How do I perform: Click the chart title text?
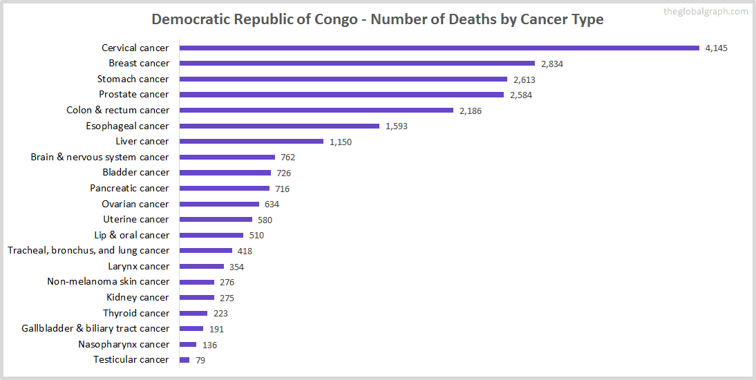[x=377, y=19]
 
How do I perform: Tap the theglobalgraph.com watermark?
[x=705, y=12]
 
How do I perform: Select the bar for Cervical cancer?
[x=440, y=48]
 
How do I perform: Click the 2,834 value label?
[x=552, y=64]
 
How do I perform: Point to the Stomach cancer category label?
[x=133, y=79]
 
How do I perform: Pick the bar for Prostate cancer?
[x=341, y=95]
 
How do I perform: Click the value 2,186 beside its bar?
[x=471, y=111]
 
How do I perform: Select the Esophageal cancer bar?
[x=279, y=126]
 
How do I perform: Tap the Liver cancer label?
[x=142, y=141]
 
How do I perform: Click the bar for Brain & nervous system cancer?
[x=227, y=157]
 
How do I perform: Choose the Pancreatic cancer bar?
[x=225, y=188]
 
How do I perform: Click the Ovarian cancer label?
[x=135, y=204]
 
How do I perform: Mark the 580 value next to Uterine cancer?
[x=265, y=220]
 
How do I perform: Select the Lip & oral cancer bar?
[x=211, y=235]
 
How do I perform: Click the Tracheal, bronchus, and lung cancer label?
[x=88, y=250]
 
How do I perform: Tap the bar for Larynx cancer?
[x=202, y=266]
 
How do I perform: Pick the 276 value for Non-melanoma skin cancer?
[x=227, y=282]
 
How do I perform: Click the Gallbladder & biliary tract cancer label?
[x=95, y=328]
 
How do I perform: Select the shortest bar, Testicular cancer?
[x=185, y=359]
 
